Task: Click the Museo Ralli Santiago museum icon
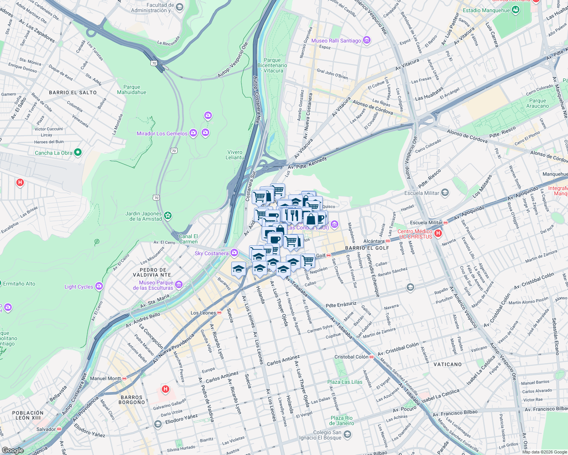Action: tap(367, 40)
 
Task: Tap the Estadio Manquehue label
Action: tap(486, 10)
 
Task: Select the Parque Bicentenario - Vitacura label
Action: tap(272, 65)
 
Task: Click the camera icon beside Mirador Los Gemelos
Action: tap(193, 133)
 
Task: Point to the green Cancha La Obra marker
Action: tap(78, 152)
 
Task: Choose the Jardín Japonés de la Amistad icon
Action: tap(168, 216)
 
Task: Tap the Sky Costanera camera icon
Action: tap(234, 253)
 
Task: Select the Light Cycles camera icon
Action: tap(99, 286)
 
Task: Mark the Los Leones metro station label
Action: tap(203, 313)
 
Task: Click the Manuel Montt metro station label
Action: tap(105, 378)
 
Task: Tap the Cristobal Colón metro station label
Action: tap(351, 357)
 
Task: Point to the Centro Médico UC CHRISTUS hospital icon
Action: tap(438, 233)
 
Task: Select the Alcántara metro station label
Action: tap(374, 241)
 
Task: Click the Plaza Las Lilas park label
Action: tap(345, 382)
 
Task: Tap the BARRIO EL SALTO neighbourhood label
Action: tap(73, 93)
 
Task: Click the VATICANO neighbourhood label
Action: tap(448, 364)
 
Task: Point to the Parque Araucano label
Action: tap(537, 103)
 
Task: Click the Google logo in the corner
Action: tap(13, 450)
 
